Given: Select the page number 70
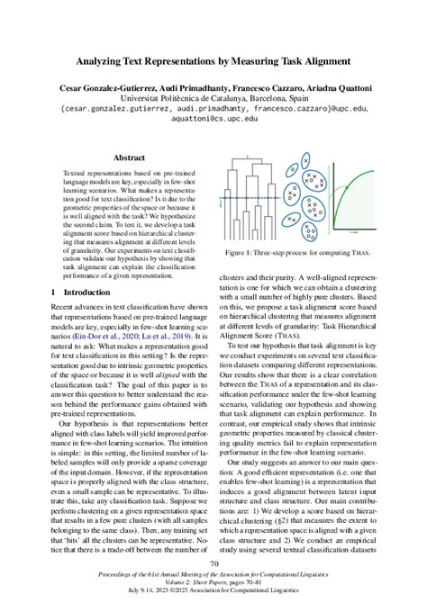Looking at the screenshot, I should (213, 564).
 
